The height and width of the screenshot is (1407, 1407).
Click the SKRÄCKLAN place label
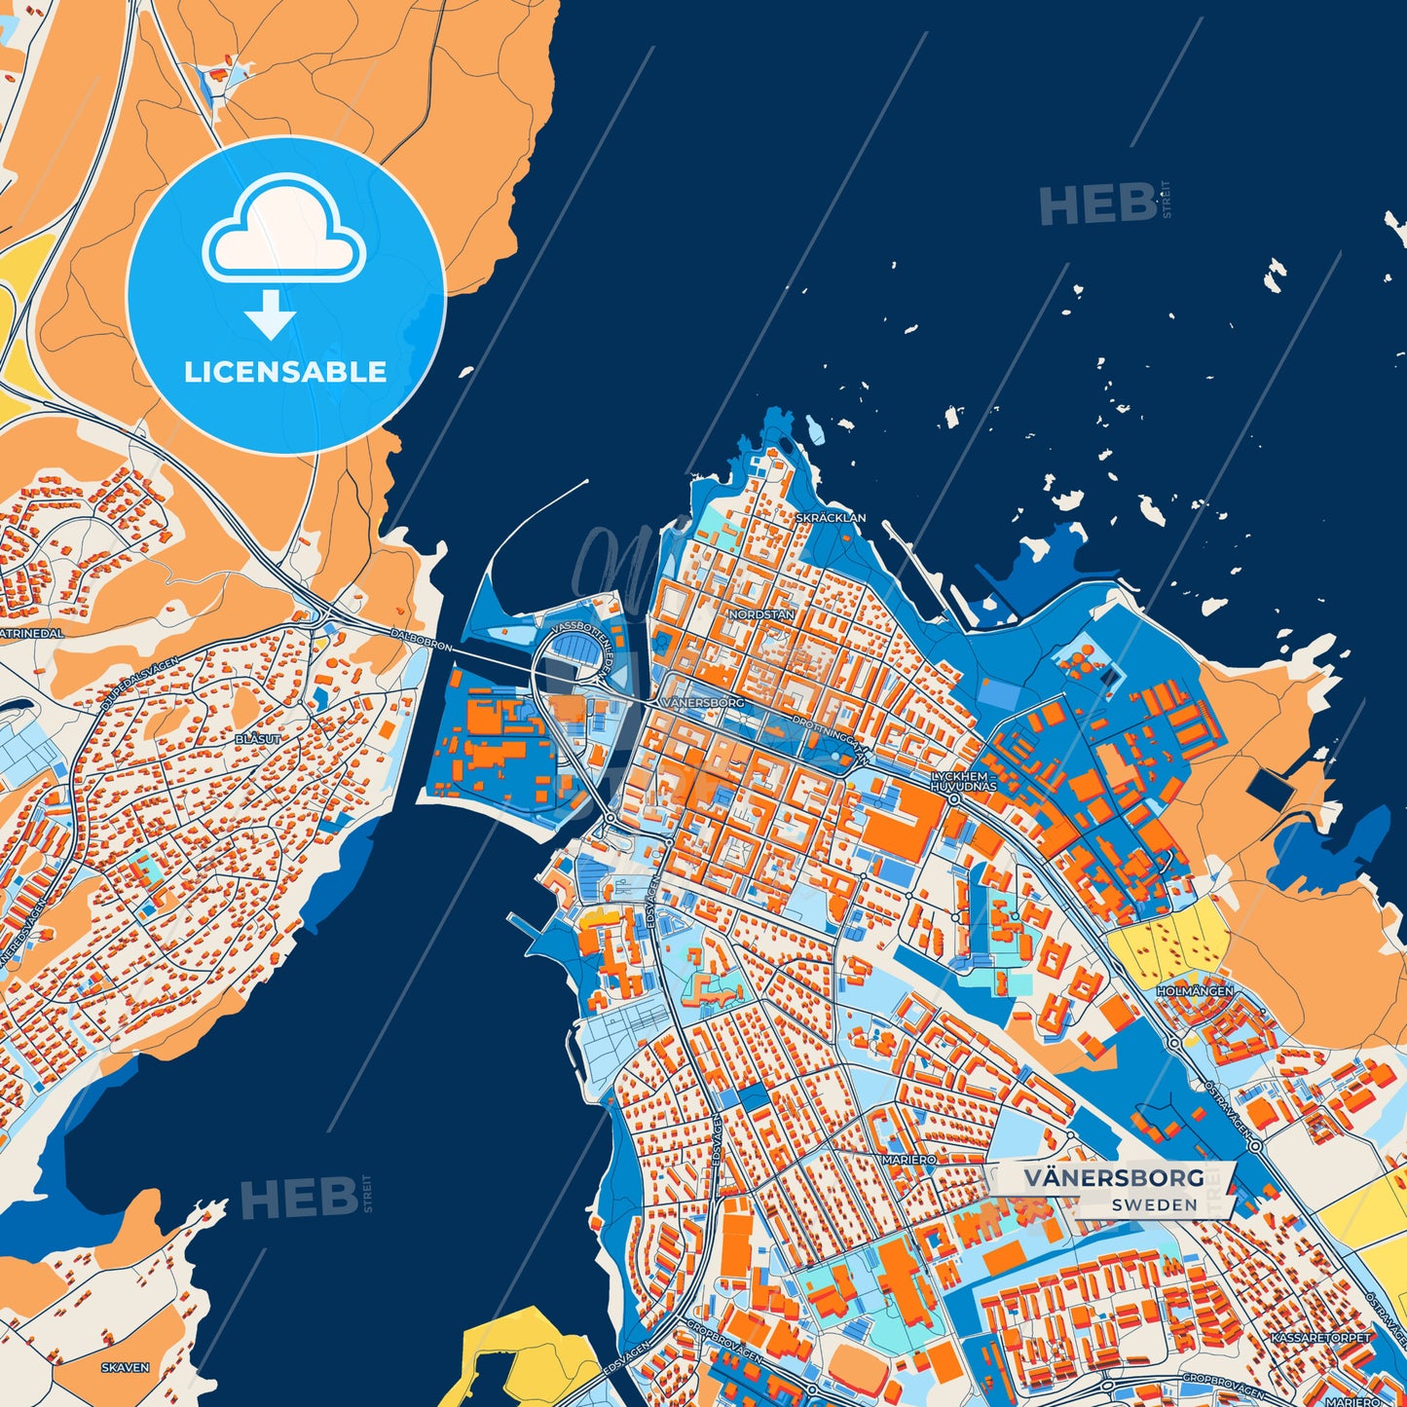pyautogui.click(x=830, y=518)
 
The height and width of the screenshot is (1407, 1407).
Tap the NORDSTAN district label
pyautogui.click(x=761, y=614)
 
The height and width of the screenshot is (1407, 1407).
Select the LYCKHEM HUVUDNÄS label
pyautogui.click(x=963, y=781)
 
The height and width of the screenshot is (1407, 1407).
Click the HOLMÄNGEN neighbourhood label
pyautogui.click(x=1195, y=990)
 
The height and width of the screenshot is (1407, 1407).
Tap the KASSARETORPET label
pyautogui.click(x=1321, y=1338)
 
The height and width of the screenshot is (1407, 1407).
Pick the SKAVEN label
pyautogui.click(x=126, y=1367)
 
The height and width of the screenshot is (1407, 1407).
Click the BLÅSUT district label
pyautogui.click(x=258, y=739)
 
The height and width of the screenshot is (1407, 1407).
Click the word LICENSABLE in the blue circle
pyautogui.click(x=285, y=372)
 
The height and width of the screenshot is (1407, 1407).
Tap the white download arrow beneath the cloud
pyautogui.click(x=270, y=314)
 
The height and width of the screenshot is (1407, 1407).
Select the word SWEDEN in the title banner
pyautogui.click(x=1154, y=1204)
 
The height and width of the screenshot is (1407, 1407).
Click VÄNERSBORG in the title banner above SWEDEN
pyautogui.click(x=1113, y=1177)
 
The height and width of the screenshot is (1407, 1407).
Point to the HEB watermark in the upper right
pyautogui.click(x=1096, y=204)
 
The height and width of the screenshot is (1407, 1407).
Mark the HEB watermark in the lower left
pyautogui.click(x=299, y=1198)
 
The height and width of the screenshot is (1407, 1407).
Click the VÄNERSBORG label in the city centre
pyautogui.click(x=702, y=702)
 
